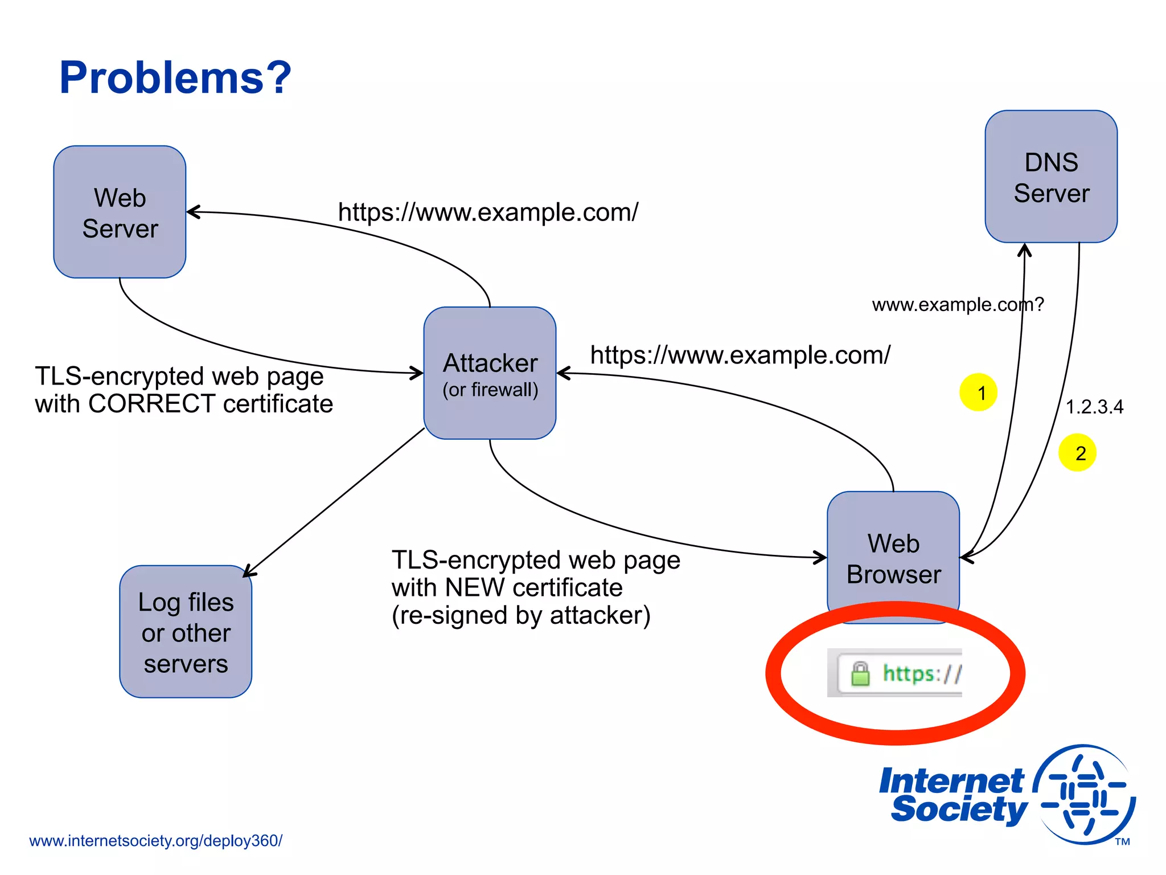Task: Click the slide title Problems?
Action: [175, 78]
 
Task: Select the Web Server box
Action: [120, 212]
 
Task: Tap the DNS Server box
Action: [1051, 177]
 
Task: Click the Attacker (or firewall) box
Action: [490, 373]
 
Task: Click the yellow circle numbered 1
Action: [978, 392]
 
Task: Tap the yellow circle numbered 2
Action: [1077, 453]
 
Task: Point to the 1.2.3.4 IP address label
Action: [1094, 407]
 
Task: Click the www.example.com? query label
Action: [958, 305]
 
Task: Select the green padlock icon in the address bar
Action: [860, 674]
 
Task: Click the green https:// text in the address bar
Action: [921, 674]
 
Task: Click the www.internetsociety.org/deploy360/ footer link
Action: [155, 841]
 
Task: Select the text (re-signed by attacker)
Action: [521, 616]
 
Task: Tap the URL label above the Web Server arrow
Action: [488, 212]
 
